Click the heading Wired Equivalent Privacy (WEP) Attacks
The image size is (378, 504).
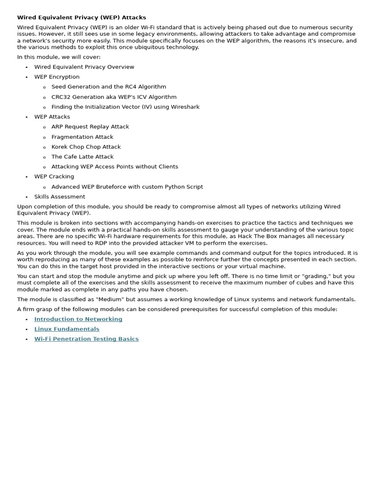click(82, 17)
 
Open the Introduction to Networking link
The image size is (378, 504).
click(78, 319)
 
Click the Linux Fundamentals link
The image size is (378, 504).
click(66, 329)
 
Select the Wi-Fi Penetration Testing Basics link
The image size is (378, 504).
click(86, 339)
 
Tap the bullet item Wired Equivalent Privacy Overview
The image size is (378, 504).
click(84, 67)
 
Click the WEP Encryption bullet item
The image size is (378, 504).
click(57, 77)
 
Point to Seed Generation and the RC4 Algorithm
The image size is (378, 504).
click(109, 87)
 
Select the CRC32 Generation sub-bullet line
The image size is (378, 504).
click(114, 97)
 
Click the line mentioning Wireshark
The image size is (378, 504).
click(126, 107)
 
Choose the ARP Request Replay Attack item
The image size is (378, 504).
click(90, 126)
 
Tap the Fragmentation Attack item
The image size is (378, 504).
click(82, 137)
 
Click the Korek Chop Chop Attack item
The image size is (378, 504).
click(86, 147)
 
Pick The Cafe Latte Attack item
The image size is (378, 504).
click(82, 157)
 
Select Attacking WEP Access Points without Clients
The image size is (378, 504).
click(115, 166)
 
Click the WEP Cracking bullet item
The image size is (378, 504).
click(54, 176)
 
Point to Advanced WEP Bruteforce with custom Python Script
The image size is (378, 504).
click(127, 187)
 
